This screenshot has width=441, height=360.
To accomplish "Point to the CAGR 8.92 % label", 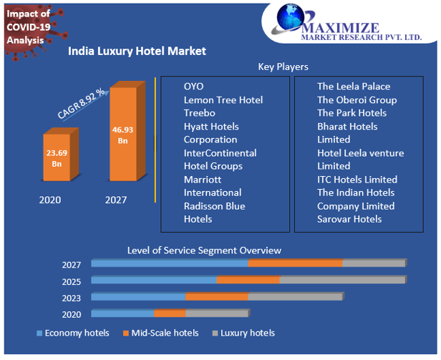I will point(82,104).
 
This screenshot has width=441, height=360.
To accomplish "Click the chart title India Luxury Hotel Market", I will point(137,51).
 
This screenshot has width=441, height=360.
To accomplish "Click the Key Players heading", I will point(283,67).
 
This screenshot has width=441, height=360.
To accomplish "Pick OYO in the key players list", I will point(193,87).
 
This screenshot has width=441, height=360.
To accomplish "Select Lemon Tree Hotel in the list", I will point(223,100).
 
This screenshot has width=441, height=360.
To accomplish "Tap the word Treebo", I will point(199,113).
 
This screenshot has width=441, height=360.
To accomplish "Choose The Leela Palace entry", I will point(354,87).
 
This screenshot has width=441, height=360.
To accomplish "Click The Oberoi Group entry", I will point(357,100).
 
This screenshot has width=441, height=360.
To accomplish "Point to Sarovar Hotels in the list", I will point(349,219).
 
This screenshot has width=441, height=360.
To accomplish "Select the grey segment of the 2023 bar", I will point(295,296).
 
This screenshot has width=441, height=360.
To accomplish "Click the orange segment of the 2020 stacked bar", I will point(170,313).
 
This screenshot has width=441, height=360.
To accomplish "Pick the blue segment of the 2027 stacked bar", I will point(170,264).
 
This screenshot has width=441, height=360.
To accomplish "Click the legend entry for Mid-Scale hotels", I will point(160,333).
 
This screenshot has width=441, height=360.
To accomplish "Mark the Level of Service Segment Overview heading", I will point(204,250).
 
